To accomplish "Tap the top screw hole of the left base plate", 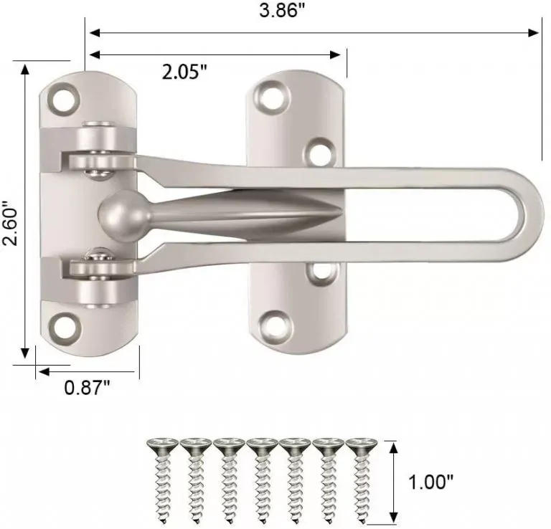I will point(65,97).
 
